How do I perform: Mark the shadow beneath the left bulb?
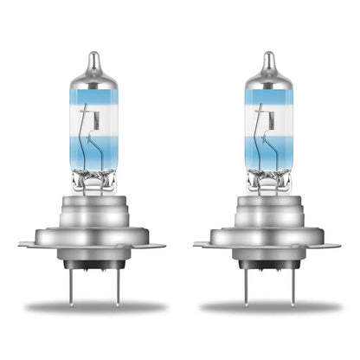point(97,307)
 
